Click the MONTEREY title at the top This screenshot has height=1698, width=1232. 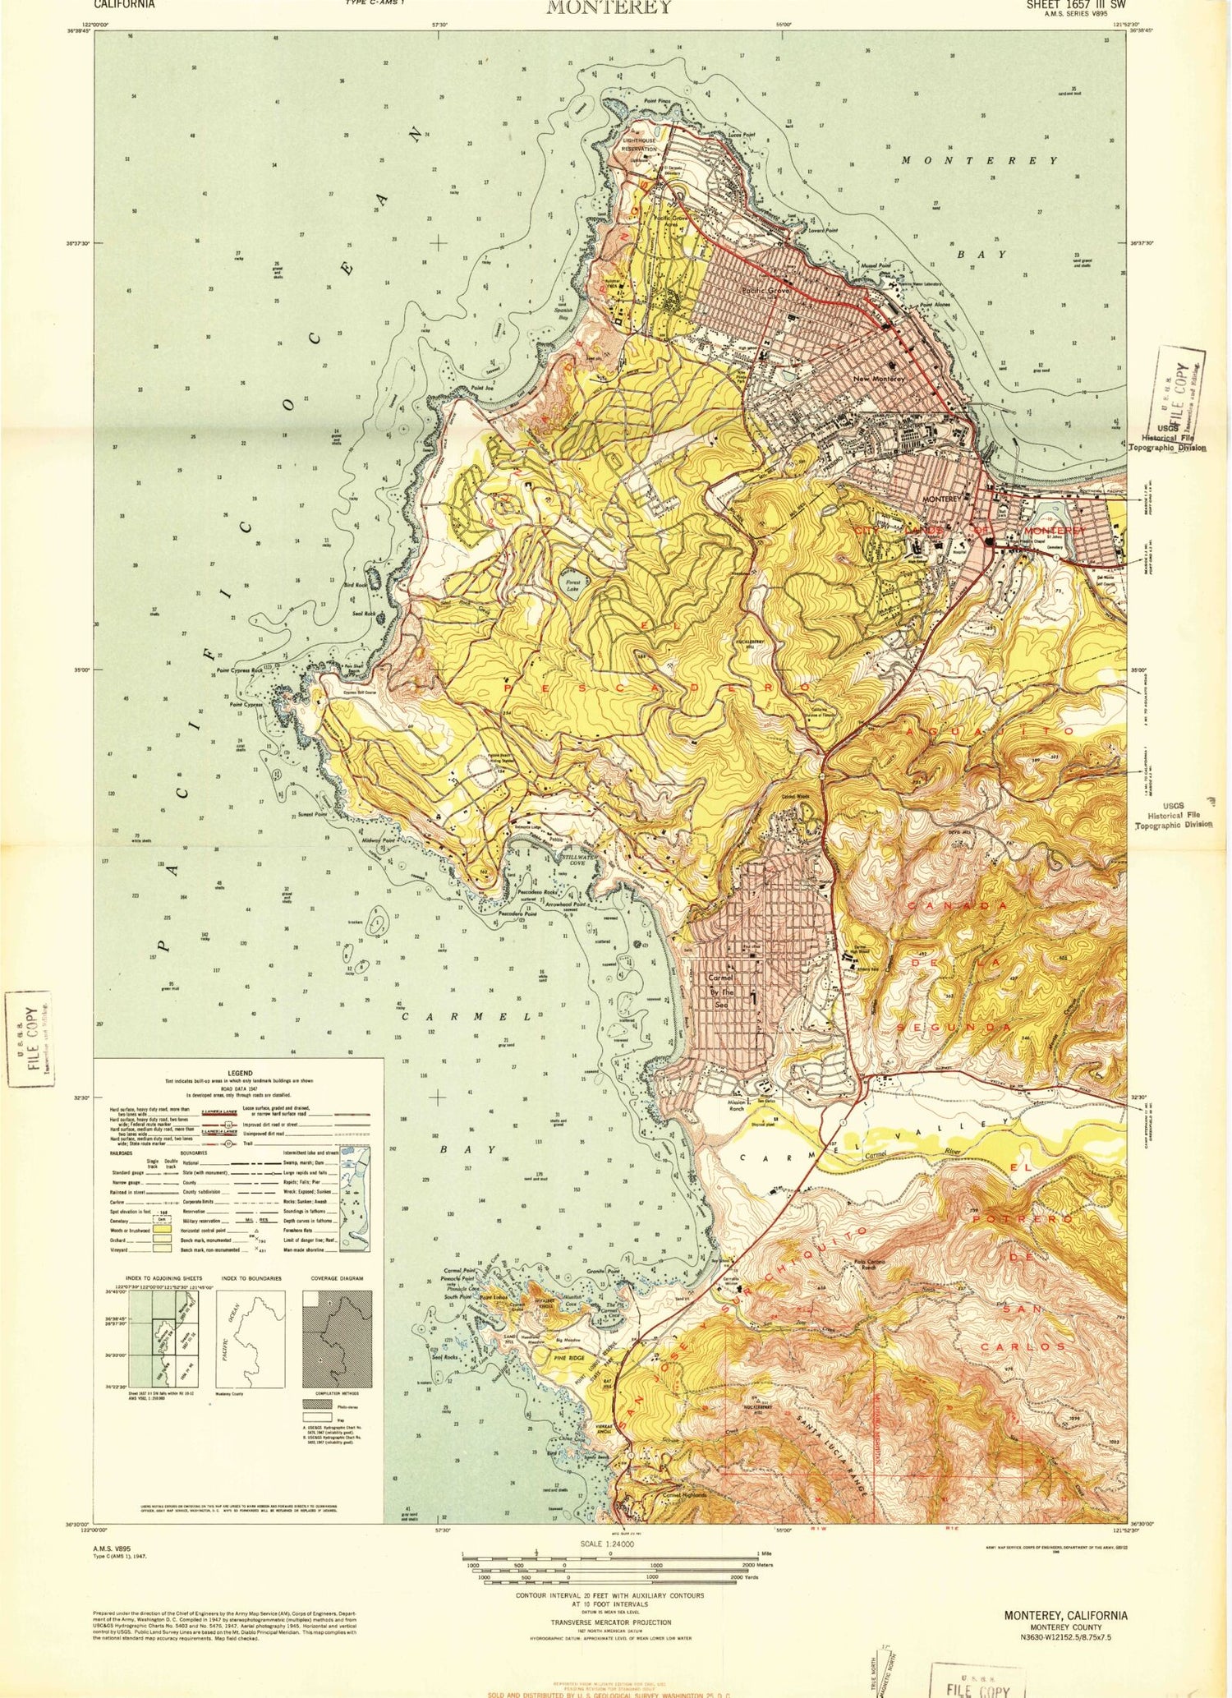[609, 7]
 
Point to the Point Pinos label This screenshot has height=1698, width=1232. [657, 101]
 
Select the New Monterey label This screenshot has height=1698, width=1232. [879, 379]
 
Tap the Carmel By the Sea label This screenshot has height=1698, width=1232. [720, 991]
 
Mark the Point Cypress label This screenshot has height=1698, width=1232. [246, 705]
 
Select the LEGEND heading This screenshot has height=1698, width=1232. [240, 1073]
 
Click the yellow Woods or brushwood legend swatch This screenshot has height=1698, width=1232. [163, 1230]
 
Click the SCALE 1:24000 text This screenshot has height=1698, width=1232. [607, 1544]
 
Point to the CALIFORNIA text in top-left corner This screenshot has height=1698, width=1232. [124, 4]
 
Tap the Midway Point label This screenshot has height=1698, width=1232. [379, 840]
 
